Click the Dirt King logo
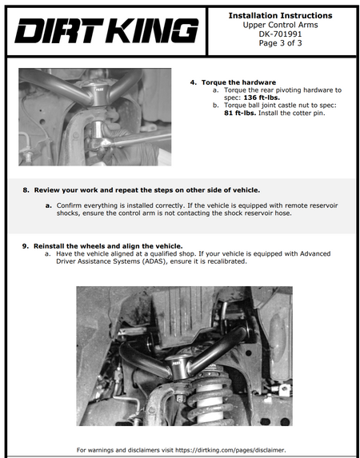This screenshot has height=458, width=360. [106, 30]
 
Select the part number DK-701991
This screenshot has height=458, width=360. [280, 34]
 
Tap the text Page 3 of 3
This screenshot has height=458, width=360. [280, 43]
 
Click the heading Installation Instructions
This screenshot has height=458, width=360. [280, 15]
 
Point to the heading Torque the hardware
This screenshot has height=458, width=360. [238, 82]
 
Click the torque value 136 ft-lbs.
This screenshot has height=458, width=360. [262, 98]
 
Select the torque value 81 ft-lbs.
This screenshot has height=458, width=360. [240, 113]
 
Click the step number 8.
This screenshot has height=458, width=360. [26, 190]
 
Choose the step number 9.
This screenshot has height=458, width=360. [26, 246]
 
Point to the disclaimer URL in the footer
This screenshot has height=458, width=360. [230, 450]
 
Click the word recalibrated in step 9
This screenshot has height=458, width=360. [227, 261]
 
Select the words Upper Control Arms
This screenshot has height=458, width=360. [280, 25]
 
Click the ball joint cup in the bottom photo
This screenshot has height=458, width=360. [178, 367]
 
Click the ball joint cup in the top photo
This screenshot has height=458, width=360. [98, 92]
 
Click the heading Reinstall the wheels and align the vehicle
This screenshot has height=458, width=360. [108, 246]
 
